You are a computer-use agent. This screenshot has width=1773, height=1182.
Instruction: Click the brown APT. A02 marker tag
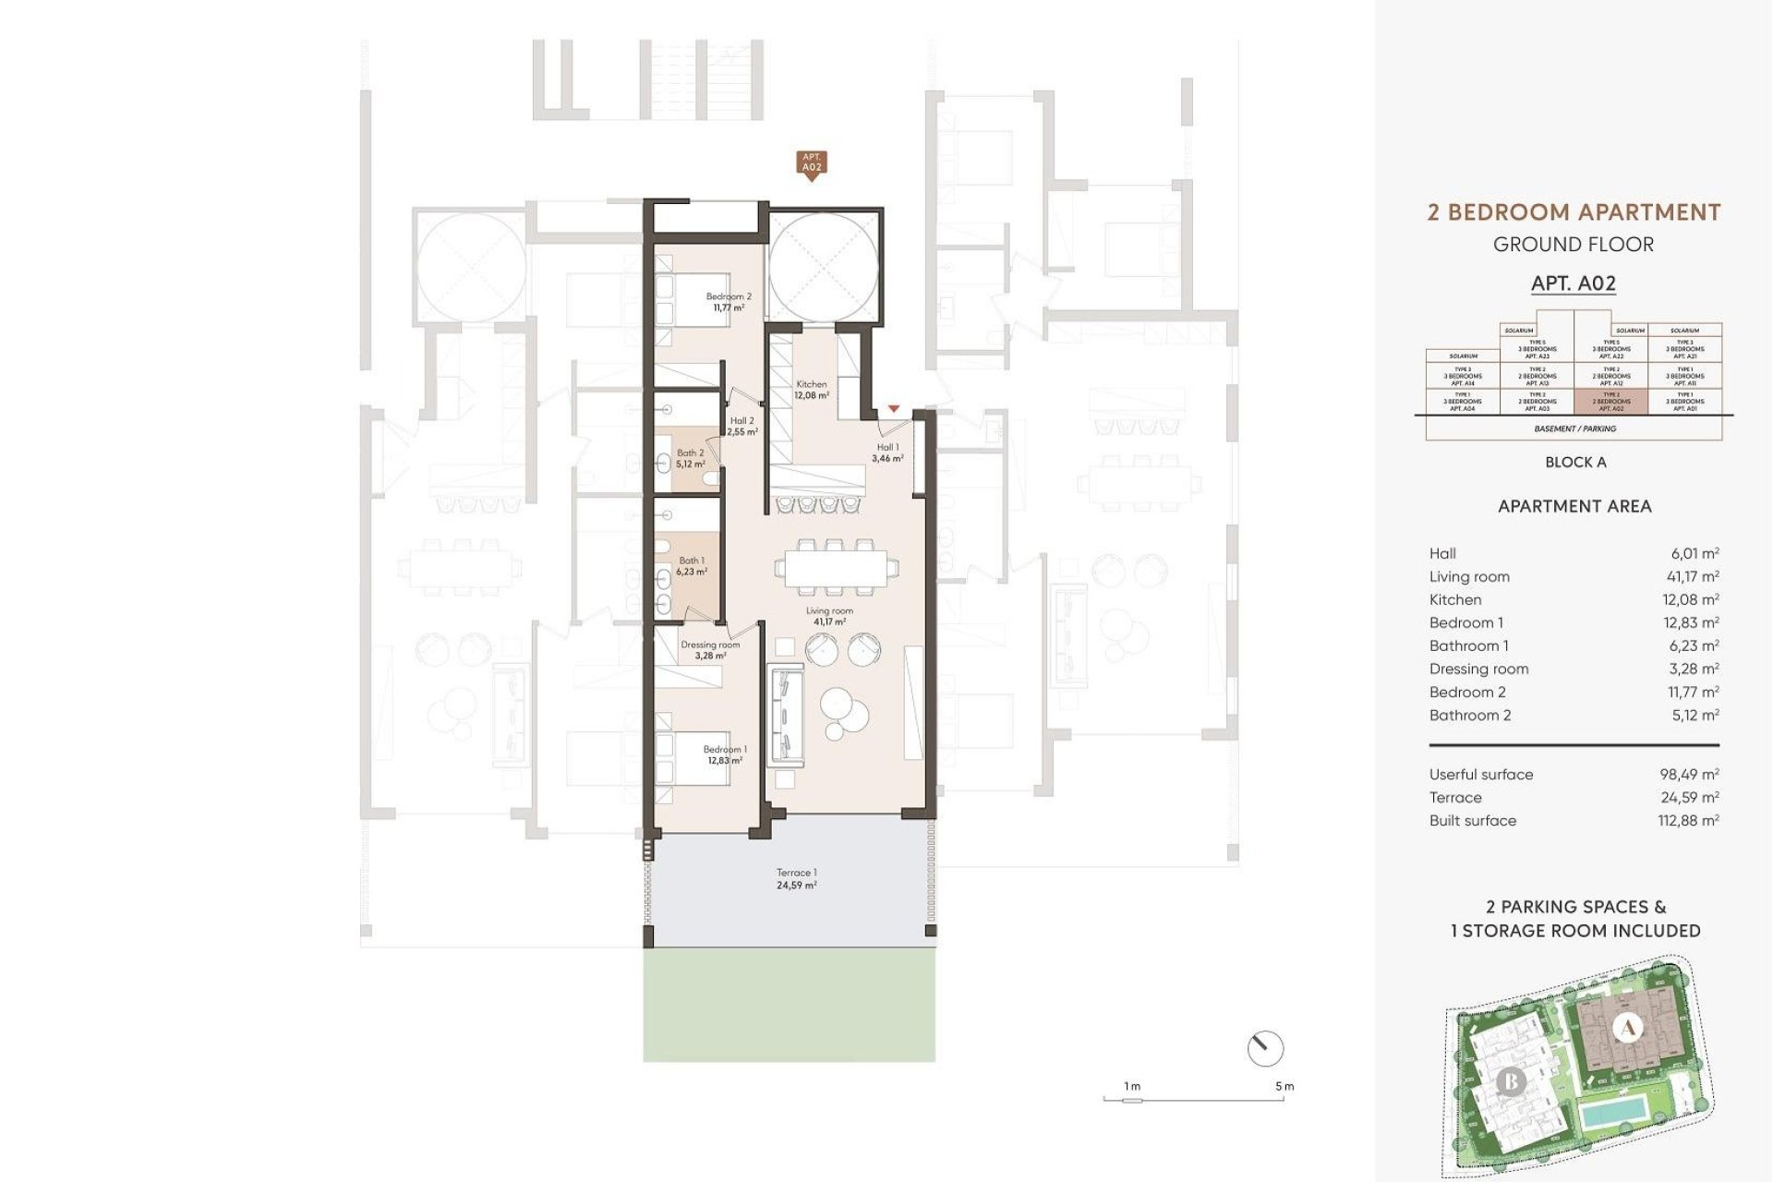(x=811, y=163)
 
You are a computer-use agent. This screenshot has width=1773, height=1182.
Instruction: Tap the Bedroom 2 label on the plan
(x=729, y=302)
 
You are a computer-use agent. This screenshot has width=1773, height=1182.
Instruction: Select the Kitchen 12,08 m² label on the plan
(x=812, y=390)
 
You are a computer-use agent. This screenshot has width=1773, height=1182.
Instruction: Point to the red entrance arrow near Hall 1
(x=893, y=408)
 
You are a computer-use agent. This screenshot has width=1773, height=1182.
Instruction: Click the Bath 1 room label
(x=692, y=566)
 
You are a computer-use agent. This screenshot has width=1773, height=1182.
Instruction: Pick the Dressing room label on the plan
(x=710, y=650)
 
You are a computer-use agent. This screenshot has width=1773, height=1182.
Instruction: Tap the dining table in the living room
(x=836, y=568)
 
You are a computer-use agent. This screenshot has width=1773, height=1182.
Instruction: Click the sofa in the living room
(x=785, y=709)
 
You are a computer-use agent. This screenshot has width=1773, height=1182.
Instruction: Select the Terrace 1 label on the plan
(x=796, y=878)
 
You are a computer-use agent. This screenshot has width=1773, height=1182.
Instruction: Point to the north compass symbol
(x=1265, y=1049)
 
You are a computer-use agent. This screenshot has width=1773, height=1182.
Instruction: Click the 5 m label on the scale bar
(x=1285, y=1086)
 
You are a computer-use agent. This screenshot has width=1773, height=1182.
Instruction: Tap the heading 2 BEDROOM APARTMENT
(x=1574, y=212)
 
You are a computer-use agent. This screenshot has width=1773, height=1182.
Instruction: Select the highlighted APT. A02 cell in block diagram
(x=1611, y=402)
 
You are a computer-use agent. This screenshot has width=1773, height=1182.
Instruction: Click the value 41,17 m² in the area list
(x=1695, y=576)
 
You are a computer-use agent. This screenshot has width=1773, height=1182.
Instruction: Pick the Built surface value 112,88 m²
(x=1689, y=820)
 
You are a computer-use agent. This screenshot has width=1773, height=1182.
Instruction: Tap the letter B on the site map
(x=1511, y=1080)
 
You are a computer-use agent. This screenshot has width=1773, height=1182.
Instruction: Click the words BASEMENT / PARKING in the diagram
(x=1574, y=428)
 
